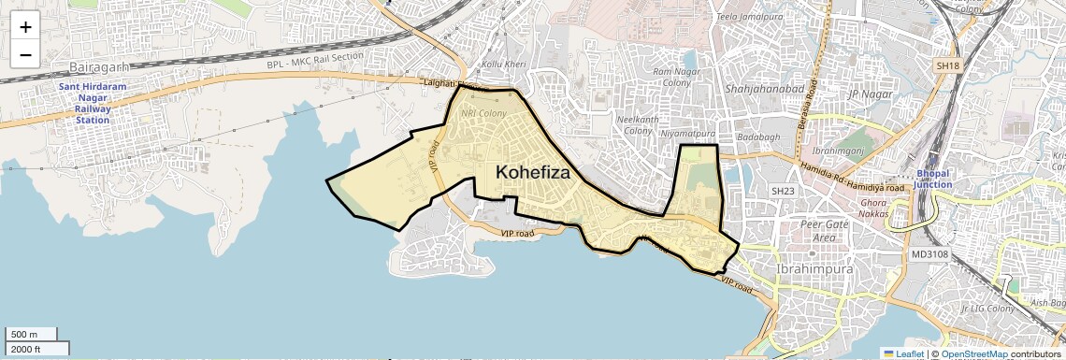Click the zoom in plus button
[25, 27]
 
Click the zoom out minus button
[25, 54]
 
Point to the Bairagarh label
[98, 68]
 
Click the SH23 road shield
[782, 191]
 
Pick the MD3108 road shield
[929, 254]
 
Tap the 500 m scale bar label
[25, 335]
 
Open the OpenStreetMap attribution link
[974, 353]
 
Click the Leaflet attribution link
[903, 353]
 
